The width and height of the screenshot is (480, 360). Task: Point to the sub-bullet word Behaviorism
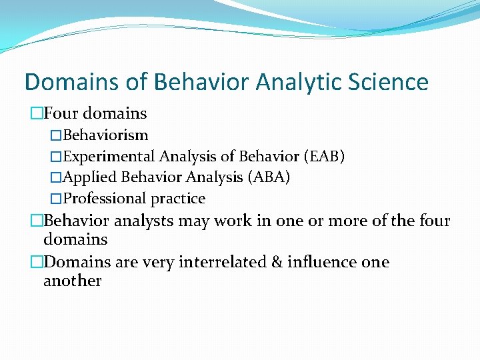pyautogui.click(x=105, y=136)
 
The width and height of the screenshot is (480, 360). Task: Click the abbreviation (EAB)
pyautogui.click(x=324, y=157)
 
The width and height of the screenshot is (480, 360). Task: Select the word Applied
pyautogui.click(x=87, y=177)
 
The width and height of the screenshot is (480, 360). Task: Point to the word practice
pyautogui.click(x=177, y=199)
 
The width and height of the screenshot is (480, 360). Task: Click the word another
pyautogui.click(x=72, y=281)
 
